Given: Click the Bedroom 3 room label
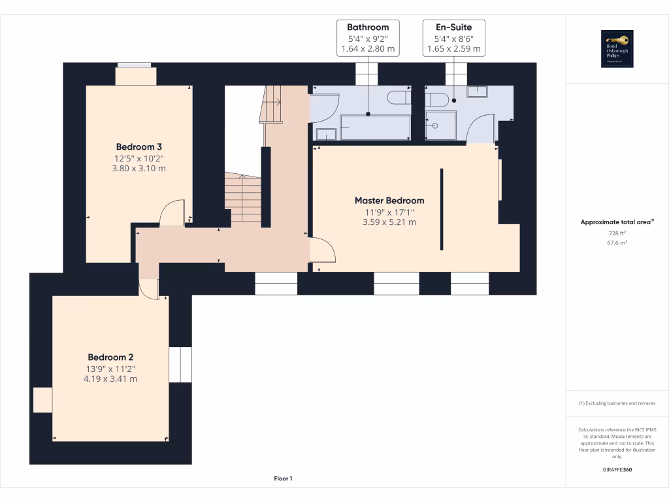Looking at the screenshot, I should click(139, 146).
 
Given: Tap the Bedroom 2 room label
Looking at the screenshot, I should click(110, 357).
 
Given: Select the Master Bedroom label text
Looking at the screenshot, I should click(389, 201).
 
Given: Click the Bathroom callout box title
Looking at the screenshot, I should click(368, 27).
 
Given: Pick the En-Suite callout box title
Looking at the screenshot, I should click(453, 27).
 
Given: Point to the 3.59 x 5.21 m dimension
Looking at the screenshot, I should click(389, 222).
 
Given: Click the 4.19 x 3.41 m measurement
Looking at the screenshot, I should click(110, 378).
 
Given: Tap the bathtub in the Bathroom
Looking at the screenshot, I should click(375, 127).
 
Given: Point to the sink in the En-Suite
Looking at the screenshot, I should click(477, 91).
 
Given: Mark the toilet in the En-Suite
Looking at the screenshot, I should click(435, 99).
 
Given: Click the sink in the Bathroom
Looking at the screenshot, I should click(325, 134).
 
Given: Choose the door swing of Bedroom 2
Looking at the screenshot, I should click(150, 289).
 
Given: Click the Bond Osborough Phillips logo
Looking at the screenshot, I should click(617, 49).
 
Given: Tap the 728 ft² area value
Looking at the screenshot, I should click(617, 233).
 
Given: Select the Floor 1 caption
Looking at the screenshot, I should click(283, 478).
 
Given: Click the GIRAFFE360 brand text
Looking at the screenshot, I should click(617, 469).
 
